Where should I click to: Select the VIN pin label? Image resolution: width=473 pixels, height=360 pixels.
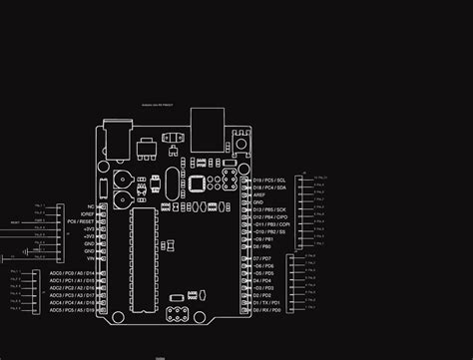click(89, 258)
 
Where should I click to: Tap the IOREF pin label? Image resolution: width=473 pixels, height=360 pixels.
click(87, 213)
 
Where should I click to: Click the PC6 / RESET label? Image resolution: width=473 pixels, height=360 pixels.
click(81, 220)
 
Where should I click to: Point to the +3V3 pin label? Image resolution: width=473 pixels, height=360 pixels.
click(88, 228)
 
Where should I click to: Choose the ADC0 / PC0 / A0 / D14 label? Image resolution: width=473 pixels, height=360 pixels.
click(72, 273)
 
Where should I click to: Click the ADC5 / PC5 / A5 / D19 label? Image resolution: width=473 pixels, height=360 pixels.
click(72, 311)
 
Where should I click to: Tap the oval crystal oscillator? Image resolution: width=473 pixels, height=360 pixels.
click(174, 180)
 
